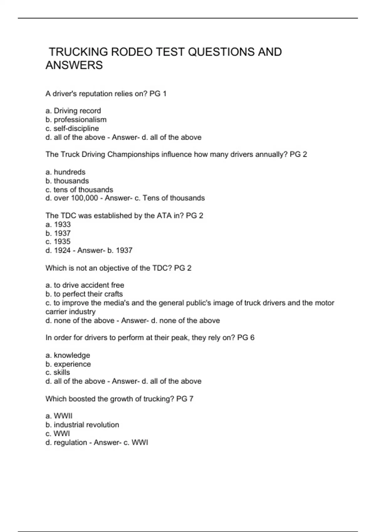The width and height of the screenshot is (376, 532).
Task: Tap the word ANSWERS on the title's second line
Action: click(x=74, y=65)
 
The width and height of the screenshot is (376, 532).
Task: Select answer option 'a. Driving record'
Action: click(x=73, y=111)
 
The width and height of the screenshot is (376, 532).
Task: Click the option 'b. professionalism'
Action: click(x=76, y=120)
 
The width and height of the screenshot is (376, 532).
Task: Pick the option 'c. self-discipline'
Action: click(x=72, y=128)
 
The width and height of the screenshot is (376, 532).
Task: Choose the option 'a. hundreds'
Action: click(x=65, y=172)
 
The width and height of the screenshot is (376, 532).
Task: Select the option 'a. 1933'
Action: click(x=58, y=224)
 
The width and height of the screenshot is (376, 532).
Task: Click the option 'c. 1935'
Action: click(x=58, y=242)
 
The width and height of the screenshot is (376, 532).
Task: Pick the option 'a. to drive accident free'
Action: click(x=85, y=285)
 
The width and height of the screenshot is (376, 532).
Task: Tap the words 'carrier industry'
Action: click(x=70, y=312)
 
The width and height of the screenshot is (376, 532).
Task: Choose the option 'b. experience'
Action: click(x=68, y=364)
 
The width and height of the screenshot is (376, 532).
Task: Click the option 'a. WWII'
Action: click(x=59, y=416)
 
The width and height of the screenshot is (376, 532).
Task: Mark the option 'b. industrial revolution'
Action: click(x=82, y=425)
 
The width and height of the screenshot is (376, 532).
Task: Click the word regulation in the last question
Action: click(x=70, y=442)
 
